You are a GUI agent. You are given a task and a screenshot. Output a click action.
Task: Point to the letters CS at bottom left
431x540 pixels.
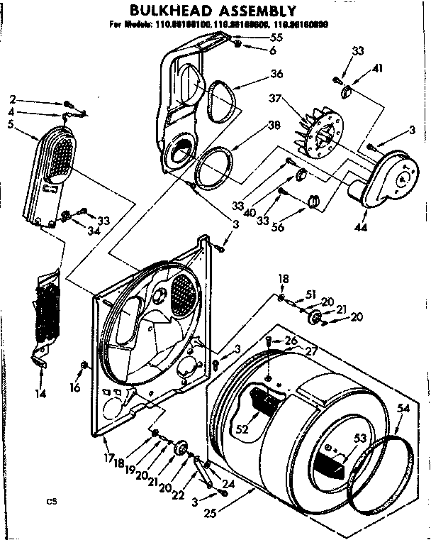pos(51,502)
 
